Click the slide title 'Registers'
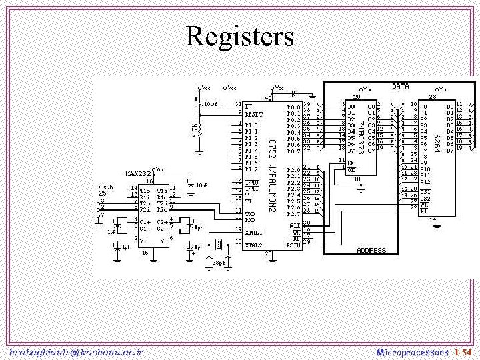pos(240,36)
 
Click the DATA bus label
pos(400,87)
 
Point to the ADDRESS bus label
pos(371,251)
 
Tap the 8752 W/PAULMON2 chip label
pos(272,176)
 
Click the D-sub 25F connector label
pos(105,190)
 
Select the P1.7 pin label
pos(251,169)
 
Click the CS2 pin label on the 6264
pos(425,199)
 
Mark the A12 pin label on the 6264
pos(425,181)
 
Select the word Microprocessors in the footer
pos(413,351)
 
